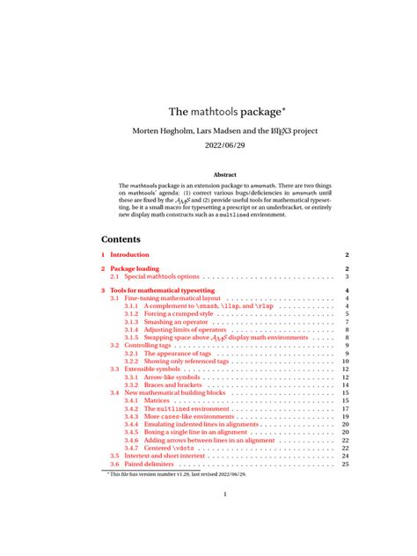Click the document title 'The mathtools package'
click(224, 113)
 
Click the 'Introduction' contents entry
click(129, 254)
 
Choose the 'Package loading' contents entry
click(135, 268)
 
